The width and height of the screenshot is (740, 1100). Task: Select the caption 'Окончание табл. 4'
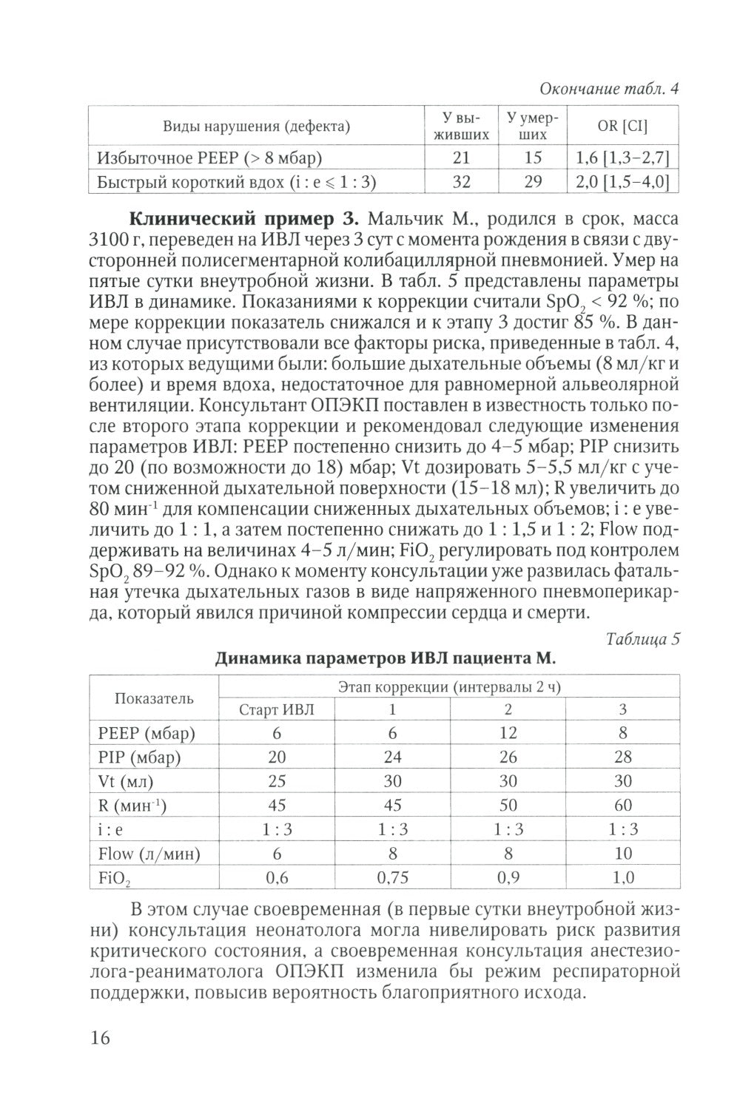pyautogui.click(x=609, y=89)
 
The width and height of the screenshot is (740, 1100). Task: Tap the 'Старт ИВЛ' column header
pyautogui.click(x=277, y=709)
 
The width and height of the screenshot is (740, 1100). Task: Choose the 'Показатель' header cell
pyautogui.click(x=154, y=698)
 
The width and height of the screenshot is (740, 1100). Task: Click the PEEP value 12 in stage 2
pyautogui.click(x=508, y=733)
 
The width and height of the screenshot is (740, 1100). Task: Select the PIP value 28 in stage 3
pyautogui.click(x=623, y=757)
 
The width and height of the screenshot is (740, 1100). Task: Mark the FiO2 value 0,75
pyautogui.click(x=392, y=878)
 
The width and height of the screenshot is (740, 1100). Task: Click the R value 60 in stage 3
pyautogui.click(x=623, y=806)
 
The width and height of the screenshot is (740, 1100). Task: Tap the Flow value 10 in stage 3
pyautogui.click(x=623, y=854)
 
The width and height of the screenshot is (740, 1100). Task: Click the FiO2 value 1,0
pyautogui.click(x=623, y=878)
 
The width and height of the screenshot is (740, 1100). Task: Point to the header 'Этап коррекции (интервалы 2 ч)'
pyautogui.click(x=449, y=686)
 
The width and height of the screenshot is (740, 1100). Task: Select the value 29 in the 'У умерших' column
pyautogui.click(x=533, y=182)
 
